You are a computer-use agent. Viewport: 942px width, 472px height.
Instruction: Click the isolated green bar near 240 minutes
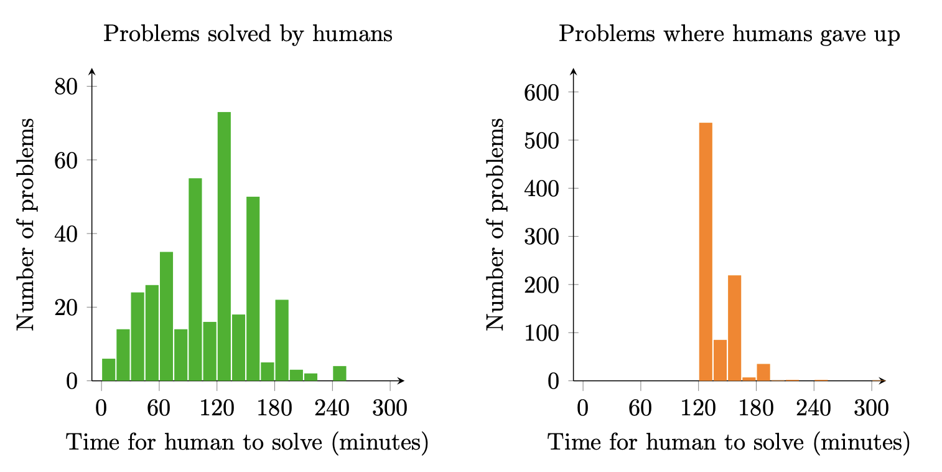pos(339,374)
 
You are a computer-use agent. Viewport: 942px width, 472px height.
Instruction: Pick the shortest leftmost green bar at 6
pos(108,370)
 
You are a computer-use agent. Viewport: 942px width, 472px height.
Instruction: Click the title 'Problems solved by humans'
pos(248,34)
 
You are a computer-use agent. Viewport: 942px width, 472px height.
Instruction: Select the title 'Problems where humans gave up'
pos(729,34)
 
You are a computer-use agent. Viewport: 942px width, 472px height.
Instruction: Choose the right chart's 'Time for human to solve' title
pos(729,443)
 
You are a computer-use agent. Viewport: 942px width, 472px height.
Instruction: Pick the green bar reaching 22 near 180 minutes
pos(282,340)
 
